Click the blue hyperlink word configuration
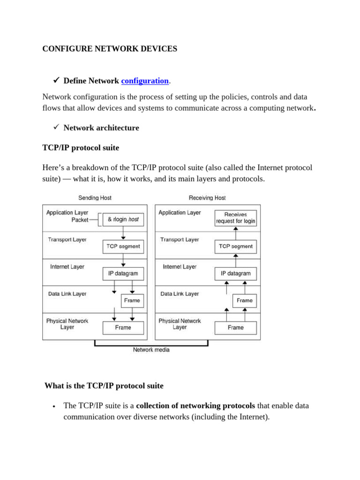tap(145, 81)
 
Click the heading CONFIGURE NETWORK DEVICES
tap(110, 49)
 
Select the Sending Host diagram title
tap(95, 198)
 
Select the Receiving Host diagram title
tap(207, 198)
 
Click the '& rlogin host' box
tap(123, 219)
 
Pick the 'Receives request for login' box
tap(236, 217)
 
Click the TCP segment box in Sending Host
tap(123, 246)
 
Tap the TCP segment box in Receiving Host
tap(236, 246)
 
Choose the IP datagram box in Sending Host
tap(123, 273)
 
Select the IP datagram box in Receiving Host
tap(236, 273)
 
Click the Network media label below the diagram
tap(151, 350)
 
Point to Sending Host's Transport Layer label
tap(67, 240)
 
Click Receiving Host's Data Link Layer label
tap(180, 294)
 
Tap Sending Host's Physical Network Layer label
tap(67, 324)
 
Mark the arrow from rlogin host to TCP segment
tap(123, 233)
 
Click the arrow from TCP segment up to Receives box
tap(236, 233)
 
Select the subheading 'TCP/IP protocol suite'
tap(81, 148)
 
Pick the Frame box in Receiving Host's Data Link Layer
tap(245, 300)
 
